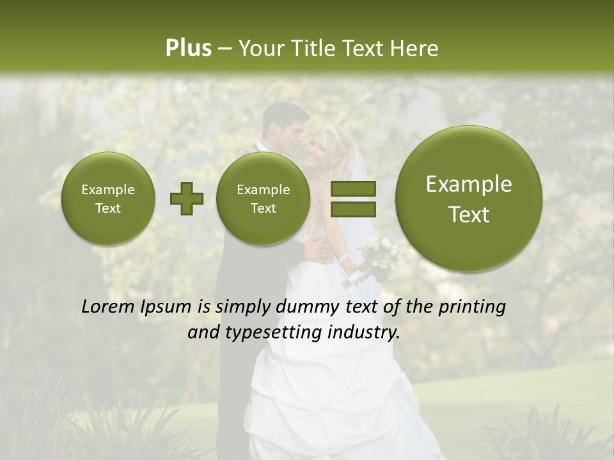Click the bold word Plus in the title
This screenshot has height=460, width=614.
pos(188,49)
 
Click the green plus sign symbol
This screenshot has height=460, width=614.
pos(186,199)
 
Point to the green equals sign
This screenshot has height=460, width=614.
pos(353,199)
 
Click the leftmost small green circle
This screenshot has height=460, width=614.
pos(108,199)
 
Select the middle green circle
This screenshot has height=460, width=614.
pos(263,199)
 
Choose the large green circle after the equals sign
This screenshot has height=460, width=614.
pos(469,199)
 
